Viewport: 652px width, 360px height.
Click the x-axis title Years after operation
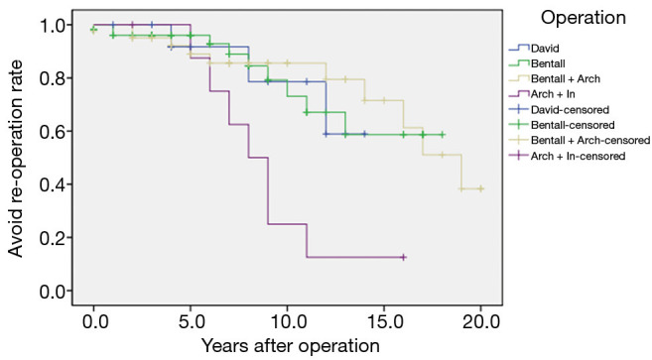(x=290, y=345)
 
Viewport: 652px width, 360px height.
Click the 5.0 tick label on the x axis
(x=191, y=321)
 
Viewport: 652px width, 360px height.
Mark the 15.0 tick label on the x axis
(x=384, y=321)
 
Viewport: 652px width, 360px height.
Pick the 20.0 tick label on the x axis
(x=480, y=321)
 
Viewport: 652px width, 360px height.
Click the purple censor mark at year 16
(x=404, y=257)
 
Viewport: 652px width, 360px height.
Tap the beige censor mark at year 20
(x=481, y=188)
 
